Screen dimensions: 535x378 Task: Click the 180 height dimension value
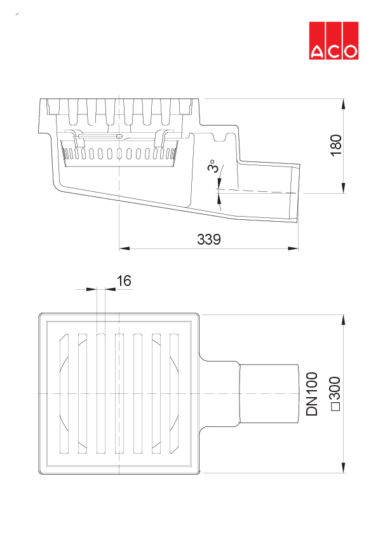(336, 145)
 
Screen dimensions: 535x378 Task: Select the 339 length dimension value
(209, 240)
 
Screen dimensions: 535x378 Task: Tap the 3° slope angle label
(212, 166)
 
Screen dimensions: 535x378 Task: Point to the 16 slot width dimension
(124, 281)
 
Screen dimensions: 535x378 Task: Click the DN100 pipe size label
(312, 395)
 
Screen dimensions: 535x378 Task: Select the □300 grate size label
(335, 395)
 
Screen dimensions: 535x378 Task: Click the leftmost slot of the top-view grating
(64, 394)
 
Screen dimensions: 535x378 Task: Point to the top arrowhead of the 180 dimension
(344, 103)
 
